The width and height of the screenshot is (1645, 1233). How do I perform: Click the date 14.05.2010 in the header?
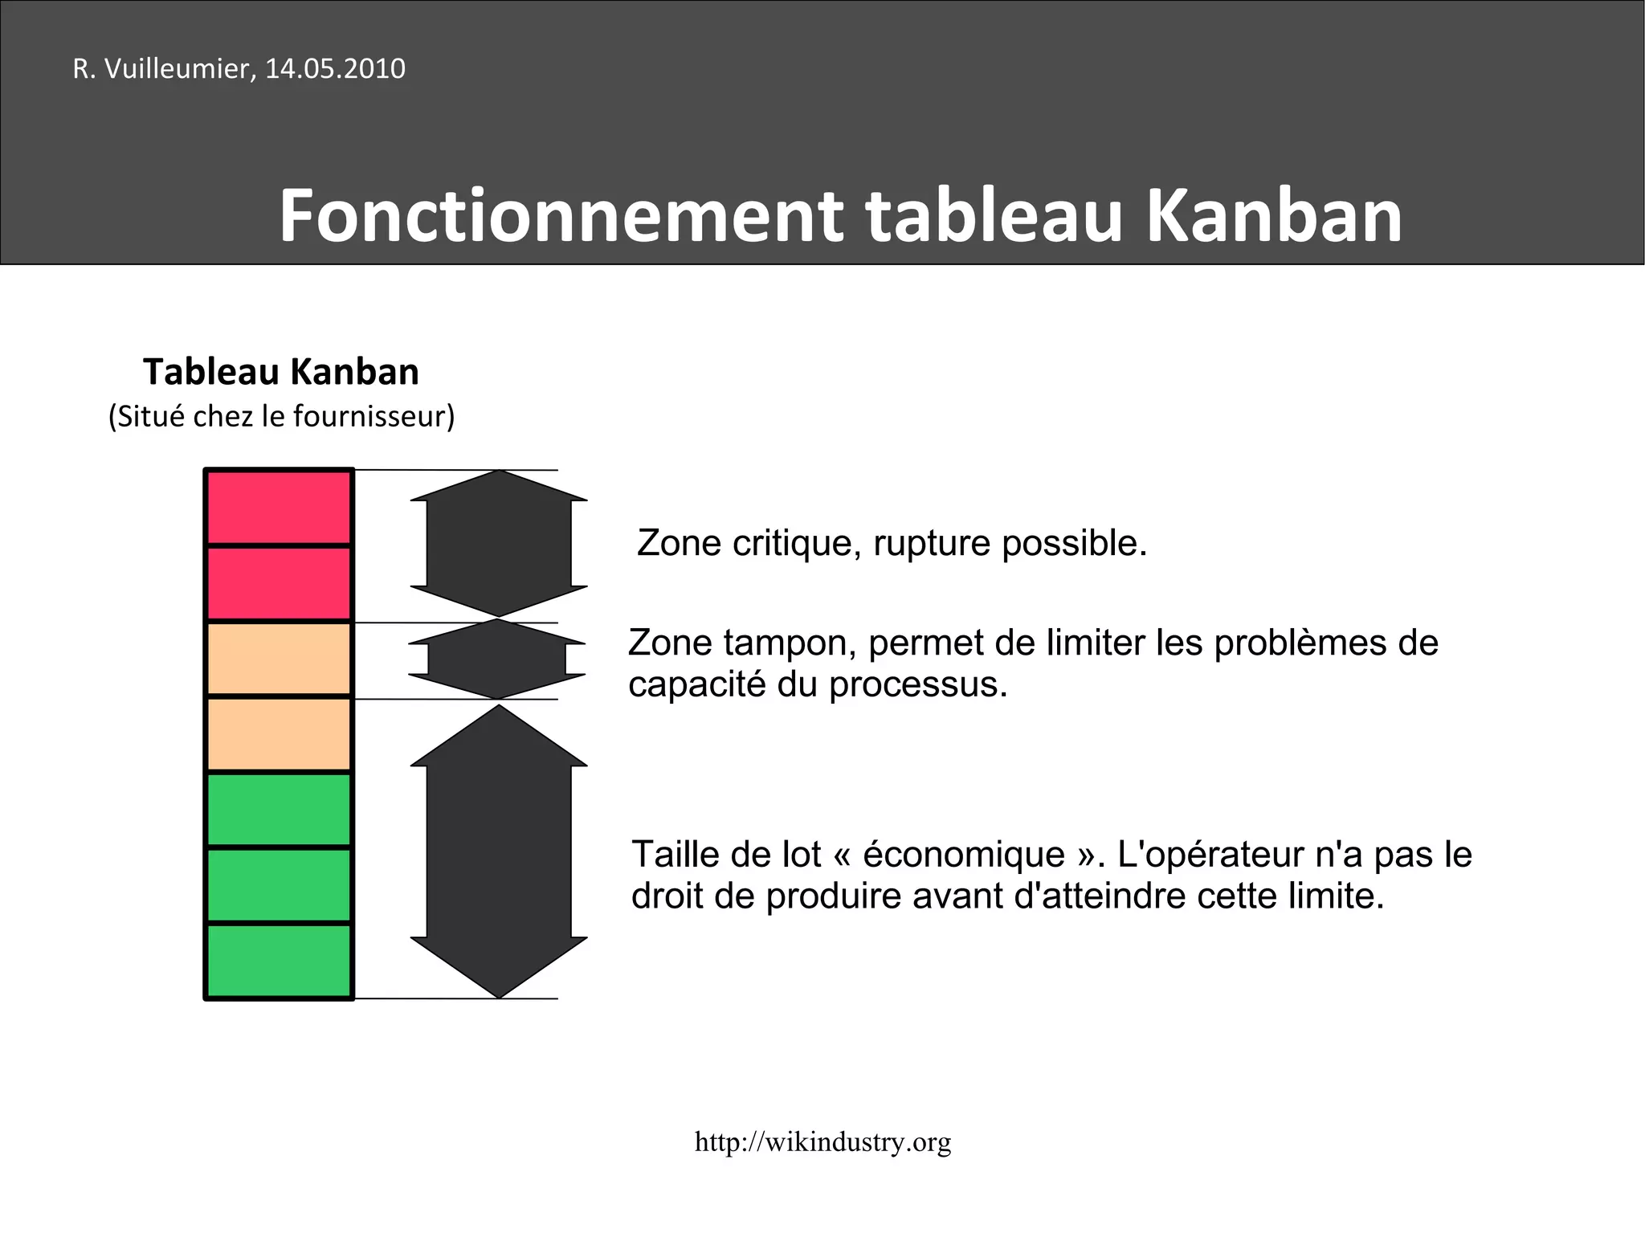pyautogui.click(x=335, y=69)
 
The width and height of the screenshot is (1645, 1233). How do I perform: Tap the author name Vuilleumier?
pyautogui.click(x=181, y=69)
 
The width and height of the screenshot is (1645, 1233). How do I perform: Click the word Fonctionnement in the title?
pyautogui.click(x=561, y=216)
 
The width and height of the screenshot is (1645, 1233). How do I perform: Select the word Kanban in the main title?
pyautogui.click(x=1273, y=216)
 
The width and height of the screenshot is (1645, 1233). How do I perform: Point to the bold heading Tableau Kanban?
pyautogui.click(x=281, y=372)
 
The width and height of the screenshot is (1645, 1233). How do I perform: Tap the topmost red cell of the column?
pyautogui.click(x=279, y=508)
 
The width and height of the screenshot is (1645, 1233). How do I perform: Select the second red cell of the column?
pyautogui.click(x=279, y=583)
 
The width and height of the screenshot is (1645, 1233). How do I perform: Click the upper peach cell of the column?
pyautogui.click(x=279, y=659)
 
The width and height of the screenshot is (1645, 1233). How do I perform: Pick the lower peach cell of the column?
pyautogui.click(x=279, y=734)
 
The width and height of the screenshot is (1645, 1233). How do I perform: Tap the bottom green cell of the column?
pyautogui.click(x=279, y=961)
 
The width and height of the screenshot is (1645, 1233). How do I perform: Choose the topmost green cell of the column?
pyautogui.click(x=279, y=810)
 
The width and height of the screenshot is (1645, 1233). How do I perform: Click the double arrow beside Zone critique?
pyautogui.click(x=499, y=543)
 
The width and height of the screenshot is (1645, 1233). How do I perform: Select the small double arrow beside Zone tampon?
pyautogui.click(x=497, y=659)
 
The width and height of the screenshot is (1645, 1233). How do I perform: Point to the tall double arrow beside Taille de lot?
pyautogui.click(x=499, y=851)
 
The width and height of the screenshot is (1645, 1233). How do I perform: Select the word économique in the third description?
pyautogui.click(x=964, y=854)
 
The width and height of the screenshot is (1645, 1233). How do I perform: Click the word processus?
pyautogui.click(x=917, y=685)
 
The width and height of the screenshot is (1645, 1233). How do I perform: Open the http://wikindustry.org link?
pyautogui.click(x=822, y=1141)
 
